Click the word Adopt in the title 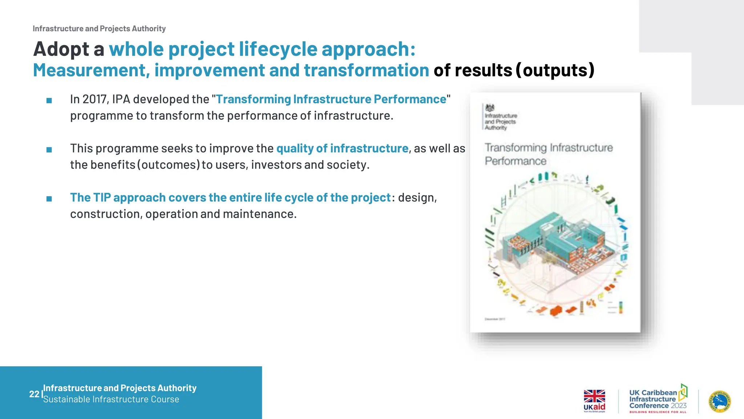(61, 49)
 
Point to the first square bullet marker (49, 100)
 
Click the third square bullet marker (49, 199)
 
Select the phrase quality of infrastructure (342, 148)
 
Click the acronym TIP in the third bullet (101, 197)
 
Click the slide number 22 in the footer (34, 394)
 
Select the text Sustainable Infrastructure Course (111, 399)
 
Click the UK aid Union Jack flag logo (594, 396)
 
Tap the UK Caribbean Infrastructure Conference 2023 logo (658, 399)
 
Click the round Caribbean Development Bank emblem (720, 402)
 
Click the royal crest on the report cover (490, 108)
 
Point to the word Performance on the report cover (515, 161)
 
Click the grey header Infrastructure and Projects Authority (99, 29)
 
